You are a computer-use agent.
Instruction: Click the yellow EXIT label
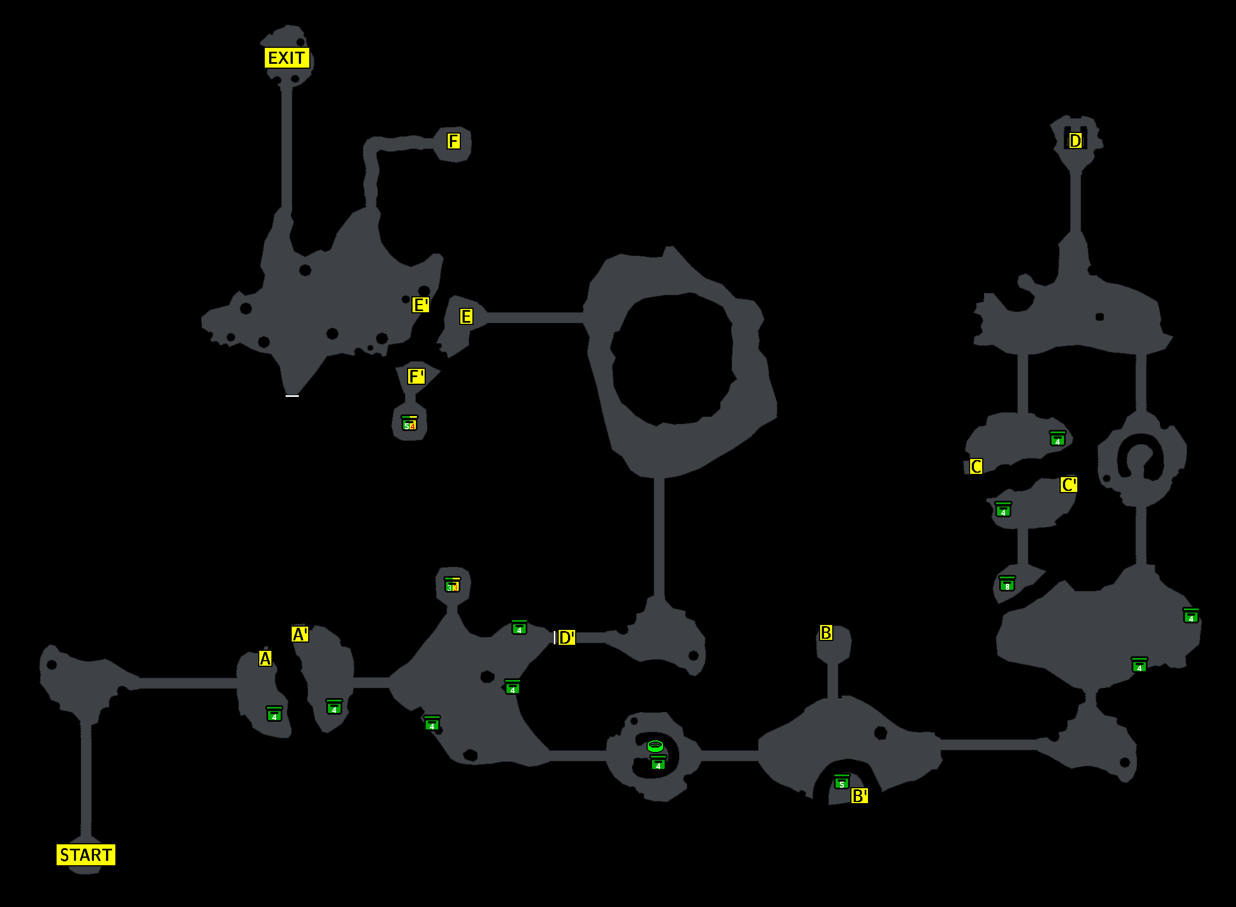click(x=287, y=58)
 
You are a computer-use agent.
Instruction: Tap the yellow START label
click(x=86, y=855)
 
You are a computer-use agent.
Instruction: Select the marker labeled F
click(x=453, y=141)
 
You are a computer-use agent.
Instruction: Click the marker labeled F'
click(x=416, y=377)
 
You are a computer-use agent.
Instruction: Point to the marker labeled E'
click(x=420, y=305)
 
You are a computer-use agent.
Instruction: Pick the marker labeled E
click(x=466, y=317)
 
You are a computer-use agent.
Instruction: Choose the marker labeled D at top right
click(x=1075, y=141)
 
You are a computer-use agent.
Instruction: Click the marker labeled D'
click(x=566, y=638)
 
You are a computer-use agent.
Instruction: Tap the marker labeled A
click(x=265, y=659)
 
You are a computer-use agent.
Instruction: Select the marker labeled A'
click(x=300, y=634)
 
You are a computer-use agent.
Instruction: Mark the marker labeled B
click(x=826, y=633)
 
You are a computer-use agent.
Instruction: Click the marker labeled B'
click(x=859, y=795)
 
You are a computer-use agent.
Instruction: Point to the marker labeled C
click(x=976, y=467)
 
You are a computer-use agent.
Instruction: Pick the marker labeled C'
click(x=1068, y=485)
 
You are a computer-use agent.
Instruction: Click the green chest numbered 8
click(x=1007, y=584)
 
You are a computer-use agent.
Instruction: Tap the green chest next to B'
click(x=842, y=782)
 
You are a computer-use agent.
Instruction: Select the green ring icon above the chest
click(x=655, y=746)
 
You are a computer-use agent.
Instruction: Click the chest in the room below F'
click(x=409, y=423)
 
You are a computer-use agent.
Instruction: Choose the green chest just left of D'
click(x=519, y=627)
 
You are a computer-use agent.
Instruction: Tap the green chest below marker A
click(x=274, y=714)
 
